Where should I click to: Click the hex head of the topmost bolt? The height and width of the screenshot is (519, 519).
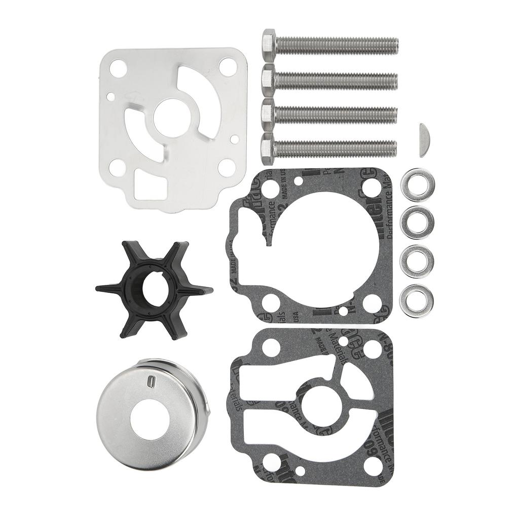(269, 45)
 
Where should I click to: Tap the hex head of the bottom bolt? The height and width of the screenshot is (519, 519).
(268, 148)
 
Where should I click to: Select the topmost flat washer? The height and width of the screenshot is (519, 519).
(417, 185)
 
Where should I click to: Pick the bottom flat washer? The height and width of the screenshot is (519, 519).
(417, 301)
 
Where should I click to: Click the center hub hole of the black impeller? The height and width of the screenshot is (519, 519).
(154, 288)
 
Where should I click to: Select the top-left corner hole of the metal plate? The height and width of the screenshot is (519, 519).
(118, 69)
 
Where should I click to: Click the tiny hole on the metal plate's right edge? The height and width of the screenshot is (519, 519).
(234, 138)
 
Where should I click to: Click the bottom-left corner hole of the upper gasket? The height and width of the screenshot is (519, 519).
(269, 302)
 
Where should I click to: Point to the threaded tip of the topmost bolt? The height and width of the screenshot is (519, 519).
(393, 47)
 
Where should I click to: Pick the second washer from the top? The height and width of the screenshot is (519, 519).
(417, 223)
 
